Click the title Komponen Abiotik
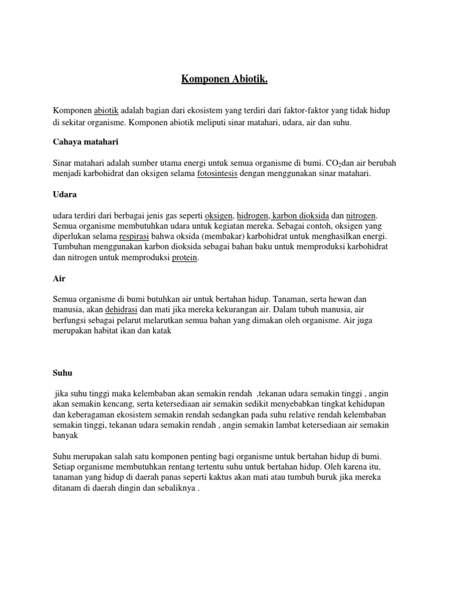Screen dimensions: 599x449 click(224, 79)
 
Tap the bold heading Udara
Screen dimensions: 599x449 click(65, 194)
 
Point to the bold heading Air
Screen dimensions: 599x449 click(58, 279)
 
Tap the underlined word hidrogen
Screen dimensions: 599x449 click(253, 216)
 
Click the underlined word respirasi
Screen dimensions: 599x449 click(134, 237)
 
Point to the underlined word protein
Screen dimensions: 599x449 click(185, 258)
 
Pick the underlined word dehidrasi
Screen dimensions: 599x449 click(121, 309)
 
